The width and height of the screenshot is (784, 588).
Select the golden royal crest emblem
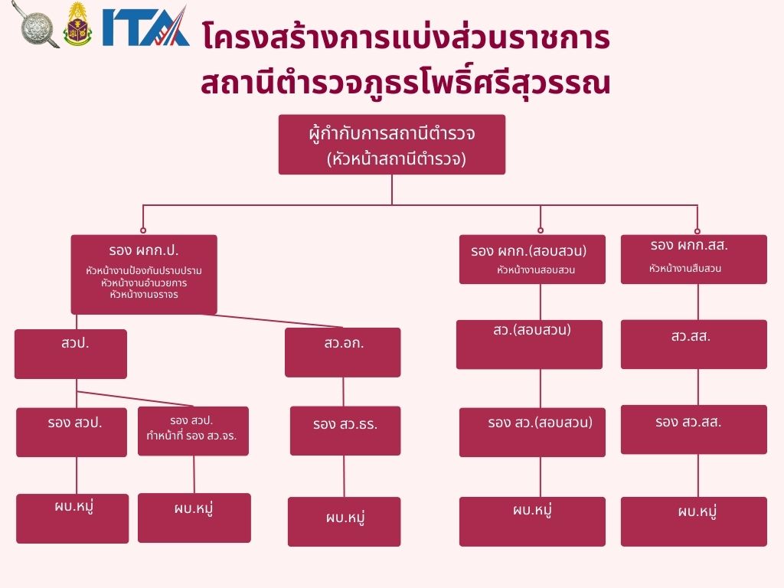(77, 25)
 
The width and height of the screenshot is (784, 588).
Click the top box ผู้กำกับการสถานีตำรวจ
(391, 145)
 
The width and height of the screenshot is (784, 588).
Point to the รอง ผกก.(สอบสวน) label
(528, 250)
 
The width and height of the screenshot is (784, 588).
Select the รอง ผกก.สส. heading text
(688, 246)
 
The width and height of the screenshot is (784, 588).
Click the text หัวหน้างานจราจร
(144, 293)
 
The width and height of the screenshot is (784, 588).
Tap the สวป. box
(70, 354)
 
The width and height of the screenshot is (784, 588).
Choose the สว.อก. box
(342, 352)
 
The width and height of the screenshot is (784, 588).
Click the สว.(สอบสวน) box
(529, 344)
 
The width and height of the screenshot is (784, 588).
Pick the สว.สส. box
(693, 344)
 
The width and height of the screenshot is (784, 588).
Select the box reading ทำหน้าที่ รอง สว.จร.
(193, 431)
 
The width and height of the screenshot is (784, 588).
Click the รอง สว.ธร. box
(345, 430)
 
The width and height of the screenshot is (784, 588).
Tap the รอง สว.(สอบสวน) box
(532, 432)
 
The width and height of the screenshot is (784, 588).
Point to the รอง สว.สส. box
(693, 429)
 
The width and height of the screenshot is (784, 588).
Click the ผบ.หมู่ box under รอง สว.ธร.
(344, 521)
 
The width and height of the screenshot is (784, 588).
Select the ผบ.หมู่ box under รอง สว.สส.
(693, 521)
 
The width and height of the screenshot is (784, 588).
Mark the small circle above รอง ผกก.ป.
(143, 230)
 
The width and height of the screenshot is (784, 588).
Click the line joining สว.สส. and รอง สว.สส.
(697, 387)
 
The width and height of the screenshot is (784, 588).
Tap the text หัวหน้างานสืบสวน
(684, 269)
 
